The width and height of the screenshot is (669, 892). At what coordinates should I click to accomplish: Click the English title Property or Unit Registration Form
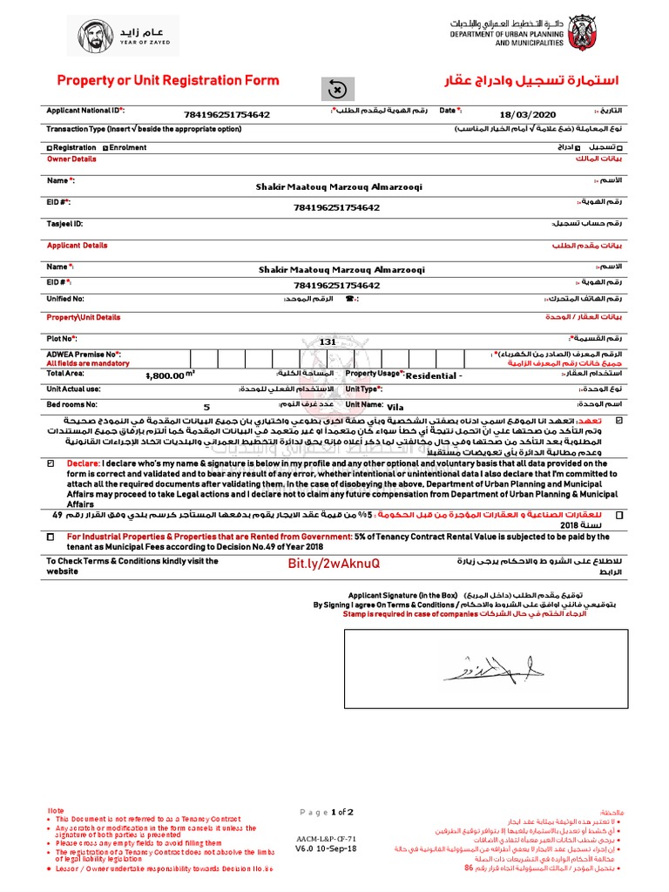(168, 81)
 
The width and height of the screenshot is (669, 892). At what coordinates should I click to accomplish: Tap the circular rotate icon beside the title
(336, 88)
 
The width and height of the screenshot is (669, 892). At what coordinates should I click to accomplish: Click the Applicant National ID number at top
(227, 115)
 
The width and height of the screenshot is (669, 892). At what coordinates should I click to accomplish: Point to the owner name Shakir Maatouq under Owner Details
(338, 186)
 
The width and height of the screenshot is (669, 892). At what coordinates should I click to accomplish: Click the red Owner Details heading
(71, 159)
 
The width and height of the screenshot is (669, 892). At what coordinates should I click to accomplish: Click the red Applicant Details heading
(77, 246)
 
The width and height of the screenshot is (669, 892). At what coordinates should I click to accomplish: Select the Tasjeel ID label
(64, 224)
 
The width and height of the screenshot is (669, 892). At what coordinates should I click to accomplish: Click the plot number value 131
(328, 342)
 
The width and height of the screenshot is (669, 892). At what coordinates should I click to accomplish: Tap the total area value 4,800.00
(169, 375)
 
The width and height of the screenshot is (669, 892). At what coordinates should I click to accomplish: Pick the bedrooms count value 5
(206, 407)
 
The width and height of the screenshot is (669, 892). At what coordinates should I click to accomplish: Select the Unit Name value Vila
(395, 407)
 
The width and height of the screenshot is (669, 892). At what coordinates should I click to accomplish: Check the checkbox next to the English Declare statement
(51, 465)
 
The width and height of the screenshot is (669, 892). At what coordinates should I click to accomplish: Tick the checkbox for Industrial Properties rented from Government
(51, 537)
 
